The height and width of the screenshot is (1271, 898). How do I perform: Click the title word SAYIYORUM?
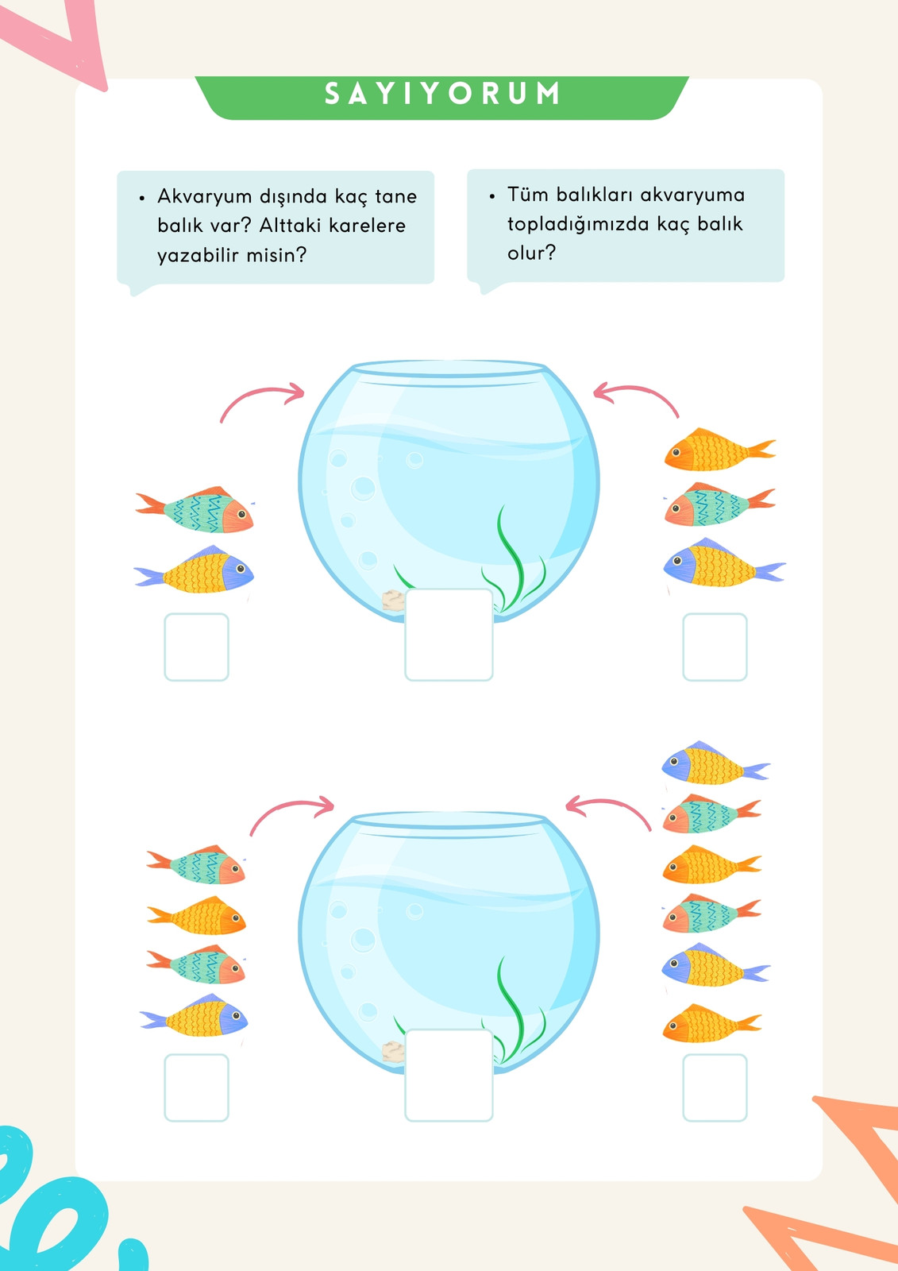click(442, 93)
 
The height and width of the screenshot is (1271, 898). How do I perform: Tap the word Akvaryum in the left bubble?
click(205, 197)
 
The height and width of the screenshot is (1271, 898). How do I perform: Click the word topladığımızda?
click(578, 225)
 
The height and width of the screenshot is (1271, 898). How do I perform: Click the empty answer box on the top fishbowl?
click(449, 635)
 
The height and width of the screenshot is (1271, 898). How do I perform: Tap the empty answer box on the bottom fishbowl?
click(449, 1076)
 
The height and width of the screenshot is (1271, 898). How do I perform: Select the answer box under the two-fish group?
click(196, 647)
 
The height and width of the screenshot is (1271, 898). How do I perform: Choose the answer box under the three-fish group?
click(715, 647)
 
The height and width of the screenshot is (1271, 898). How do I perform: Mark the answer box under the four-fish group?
click(196, 1087)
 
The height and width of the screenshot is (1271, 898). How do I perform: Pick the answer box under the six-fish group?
click(715, 1087)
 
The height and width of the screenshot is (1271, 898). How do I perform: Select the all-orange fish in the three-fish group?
click(719, 450)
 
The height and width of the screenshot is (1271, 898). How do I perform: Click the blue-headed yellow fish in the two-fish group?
click(194, 570)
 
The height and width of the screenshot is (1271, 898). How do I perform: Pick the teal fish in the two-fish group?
click(195, 510)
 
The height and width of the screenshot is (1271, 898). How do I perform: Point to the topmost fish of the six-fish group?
click(716, 763)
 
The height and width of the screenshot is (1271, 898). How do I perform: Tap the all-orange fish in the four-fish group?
click(196, 915)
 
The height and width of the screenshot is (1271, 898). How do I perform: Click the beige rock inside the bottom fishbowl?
click(393, 1052)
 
